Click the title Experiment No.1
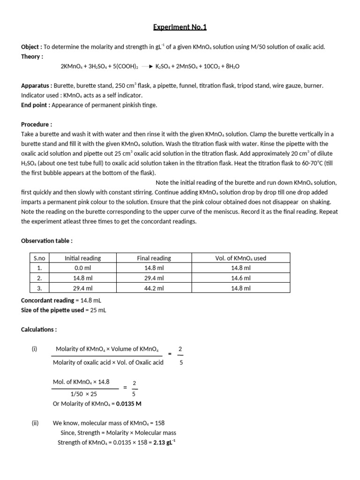[x=180, y=27]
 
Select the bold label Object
[x=30, y=47]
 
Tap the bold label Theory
[x=31, y=56]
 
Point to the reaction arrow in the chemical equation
[x=147, y=67]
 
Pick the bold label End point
[x=35, y=105]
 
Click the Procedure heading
[x=37, y=125]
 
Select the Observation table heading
[x=47, y=240]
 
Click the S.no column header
[x=39, y=258]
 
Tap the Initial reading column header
[x=83, y=258]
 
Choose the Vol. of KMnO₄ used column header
[x=241, y=258]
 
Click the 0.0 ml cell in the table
[x=83, y=268]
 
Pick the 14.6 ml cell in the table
[x=241, y=278]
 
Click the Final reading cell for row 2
[x=154, y=278]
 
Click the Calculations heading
[x=39, y=330]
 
